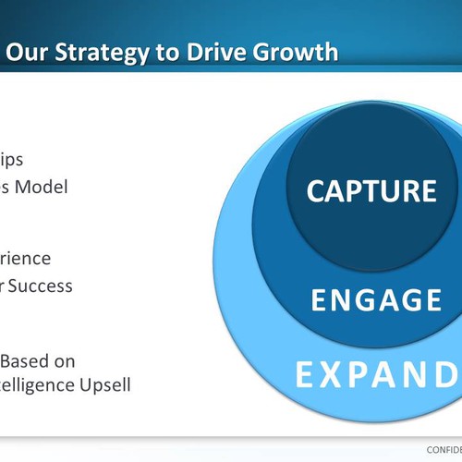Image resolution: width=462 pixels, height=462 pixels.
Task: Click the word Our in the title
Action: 29,52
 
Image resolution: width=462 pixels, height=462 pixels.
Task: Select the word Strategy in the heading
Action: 98,52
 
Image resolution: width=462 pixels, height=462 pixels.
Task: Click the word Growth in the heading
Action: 290,52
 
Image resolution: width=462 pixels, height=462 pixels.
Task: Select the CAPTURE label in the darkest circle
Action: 371,190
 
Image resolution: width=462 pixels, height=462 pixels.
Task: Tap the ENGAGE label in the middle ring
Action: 375,300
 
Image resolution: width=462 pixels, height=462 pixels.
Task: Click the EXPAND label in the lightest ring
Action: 378,376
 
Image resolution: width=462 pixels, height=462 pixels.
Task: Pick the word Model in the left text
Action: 43,186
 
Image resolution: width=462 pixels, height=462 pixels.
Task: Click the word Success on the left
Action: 42,286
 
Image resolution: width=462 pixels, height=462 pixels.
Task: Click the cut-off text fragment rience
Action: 26,259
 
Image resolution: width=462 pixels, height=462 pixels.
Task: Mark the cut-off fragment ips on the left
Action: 13,160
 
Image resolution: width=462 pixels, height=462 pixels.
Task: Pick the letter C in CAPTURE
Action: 317,190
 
